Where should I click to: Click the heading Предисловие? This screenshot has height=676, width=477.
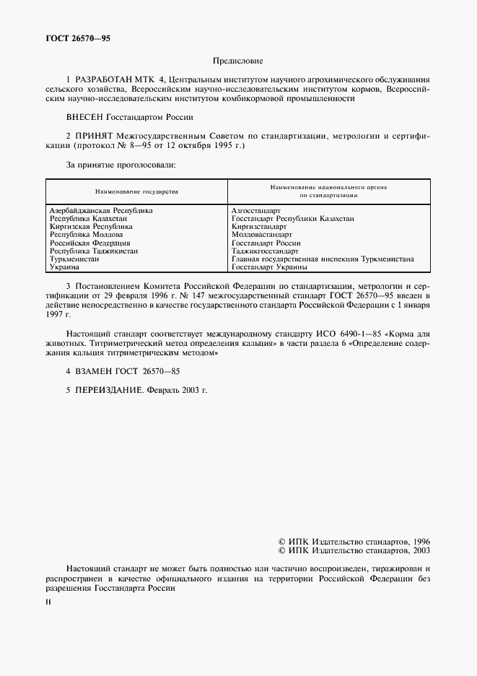[238, 62]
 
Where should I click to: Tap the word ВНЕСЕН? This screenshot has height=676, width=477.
[85, 116]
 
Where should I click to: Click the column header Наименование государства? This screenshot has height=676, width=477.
[136, 192]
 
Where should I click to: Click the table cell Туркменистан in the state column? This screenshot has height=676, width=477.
[74, 259]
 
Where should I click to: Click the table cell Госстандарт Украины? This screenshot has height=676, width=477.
[269, 266]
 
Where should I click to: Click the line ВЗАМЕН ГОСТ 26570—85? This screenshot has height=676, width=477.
[123, 371]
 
